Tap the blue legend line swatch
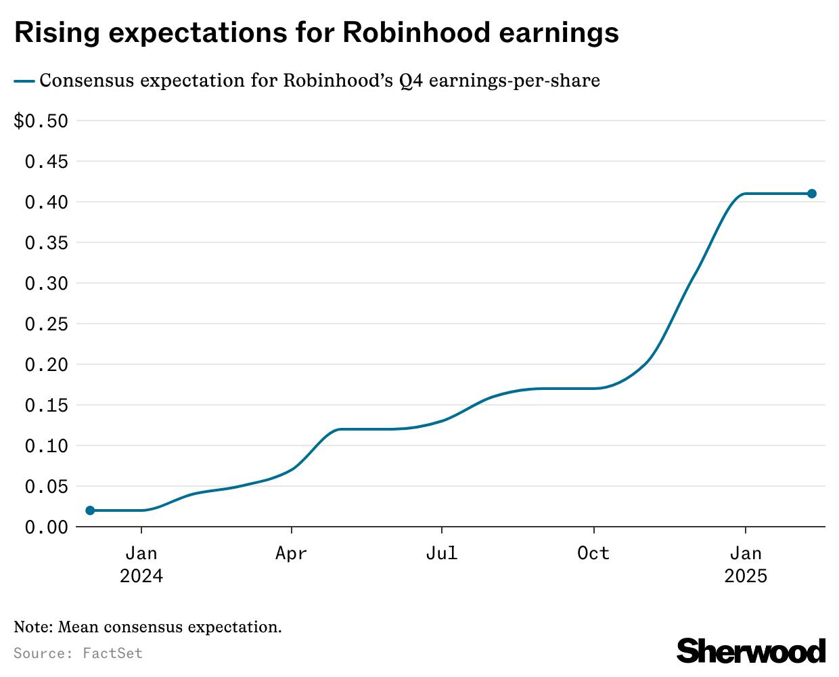coord(24,81)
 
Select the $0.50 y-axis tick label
coord(41,121)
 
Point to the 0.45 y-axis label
coord(46,162)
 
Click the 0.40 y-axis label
coord(46,202)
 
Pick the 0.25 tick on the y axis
coord(46,324)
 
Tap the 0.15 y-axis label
coord(46,406)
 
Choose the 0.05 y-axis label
coord(46,487)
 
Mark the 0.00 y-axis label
coord(46,527)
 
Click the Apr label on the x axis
coord(291,554)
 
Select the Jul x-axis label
coord(442,554)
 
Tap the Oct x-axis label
coord(593,554)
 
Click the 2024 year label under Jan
coord(141,576)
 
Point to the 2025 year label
coord(746,576)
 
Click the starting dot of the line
coord(90,510)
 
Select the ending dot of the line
coord(812,194)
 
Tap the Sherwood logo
coord(751,651)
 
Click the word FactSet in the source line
coord(113,653)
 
